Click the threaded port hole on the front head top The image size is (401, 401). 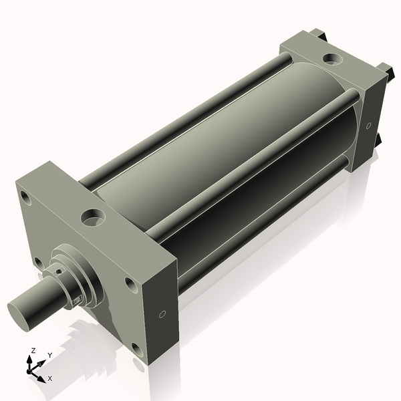tap(93, 217)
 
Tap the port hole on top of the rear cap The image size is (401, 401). tap(331, 59)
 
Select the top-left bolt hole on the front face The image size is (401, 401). tap(25, 198)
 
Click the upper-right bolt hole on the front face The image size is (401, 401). tap(130, 285)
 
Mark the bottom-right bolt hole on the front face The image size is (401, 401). tap(137, 349)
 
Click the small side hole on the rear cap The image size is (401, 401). tap(368, 125)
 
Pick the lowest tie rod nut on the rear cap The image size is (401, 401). tap(378, 139)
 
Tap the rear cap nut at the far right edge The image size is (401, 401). tap(386, 68)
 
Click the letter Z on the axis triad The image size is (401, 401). tap(33, 351)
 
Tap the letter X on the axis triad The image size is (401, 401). tap(50, 378)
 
